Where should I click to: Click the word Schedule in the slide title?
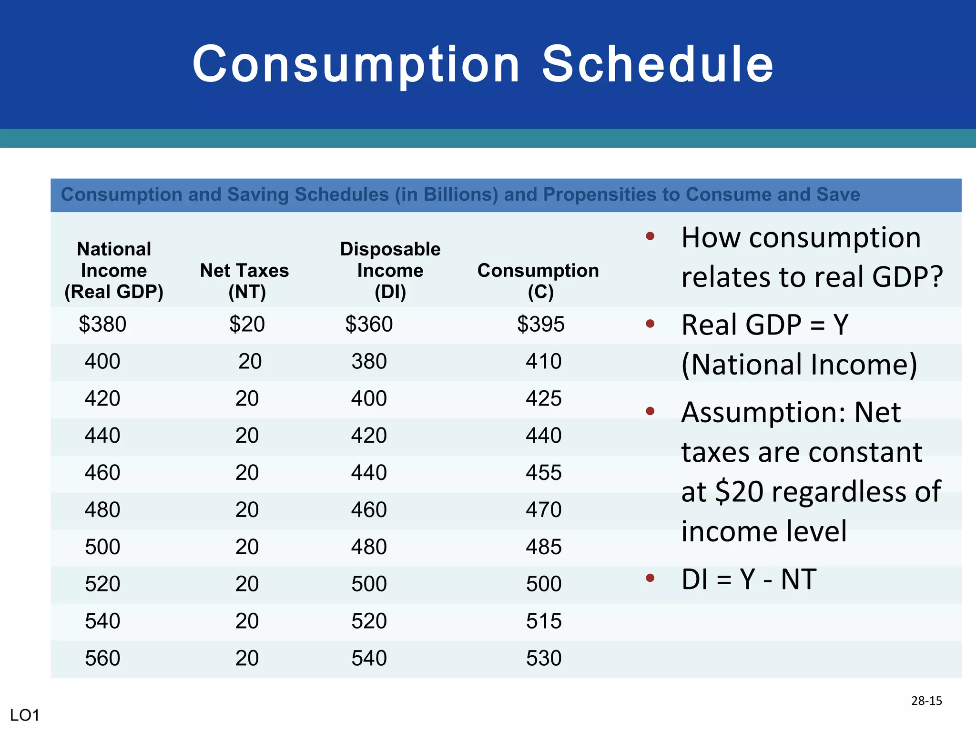658,64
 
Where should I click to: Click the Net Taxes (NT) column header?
244,281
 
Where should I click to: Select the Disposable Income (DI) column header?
390,270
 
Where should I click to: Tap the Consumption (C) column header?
538,281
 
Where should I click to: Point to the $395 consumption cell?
540,325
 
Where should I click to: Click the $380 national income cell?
102,325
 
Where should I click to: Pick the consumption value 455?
543,473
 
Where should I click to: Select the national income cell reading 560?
102,658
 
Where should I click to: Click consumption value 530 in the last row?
543,658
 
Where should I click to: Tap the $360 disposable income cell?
369,325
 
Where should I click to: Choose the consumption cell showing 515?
543,621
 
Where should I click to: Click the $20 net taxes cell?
247,325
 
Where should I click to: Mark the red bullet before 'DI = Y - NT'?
650,578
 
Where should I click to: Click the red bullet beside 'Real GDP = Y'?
650,324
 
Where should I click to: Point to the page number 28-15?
926,701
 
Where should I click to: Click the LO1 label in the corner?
25,715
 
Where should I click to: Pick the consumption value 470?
543,510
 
